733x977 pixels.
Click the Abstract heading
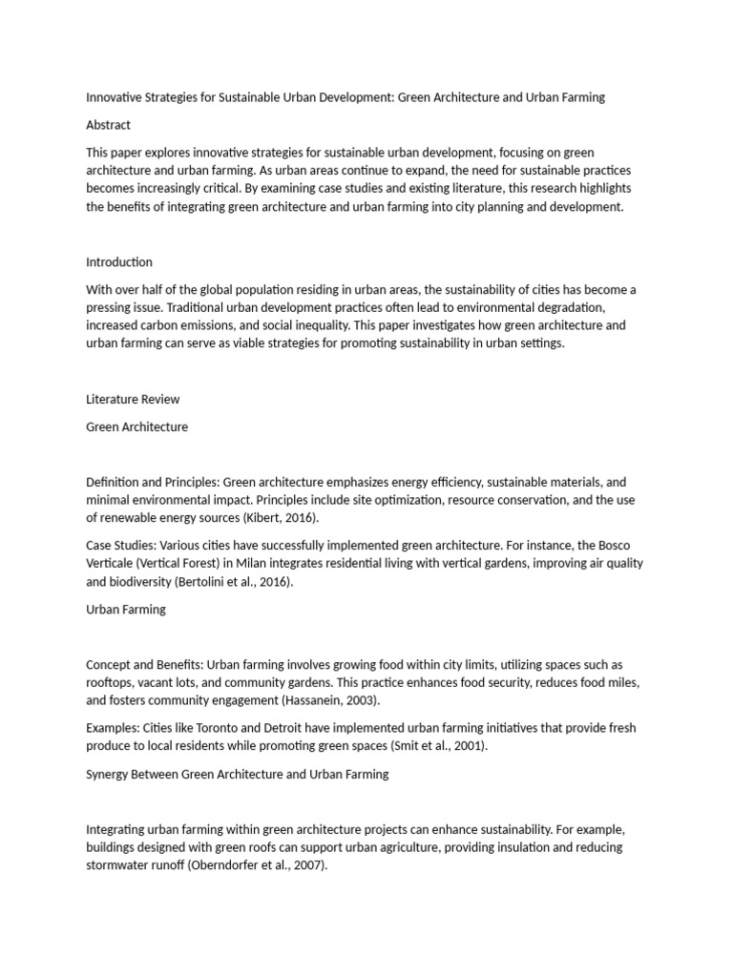point(108,125)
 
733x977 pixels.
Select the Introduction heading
point(119,262)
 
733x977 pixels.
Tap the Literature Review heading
point(133,399)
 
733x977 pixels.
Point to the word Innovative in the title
point(115,97)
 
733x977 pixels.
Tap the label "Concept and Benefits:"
point(144,664)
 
